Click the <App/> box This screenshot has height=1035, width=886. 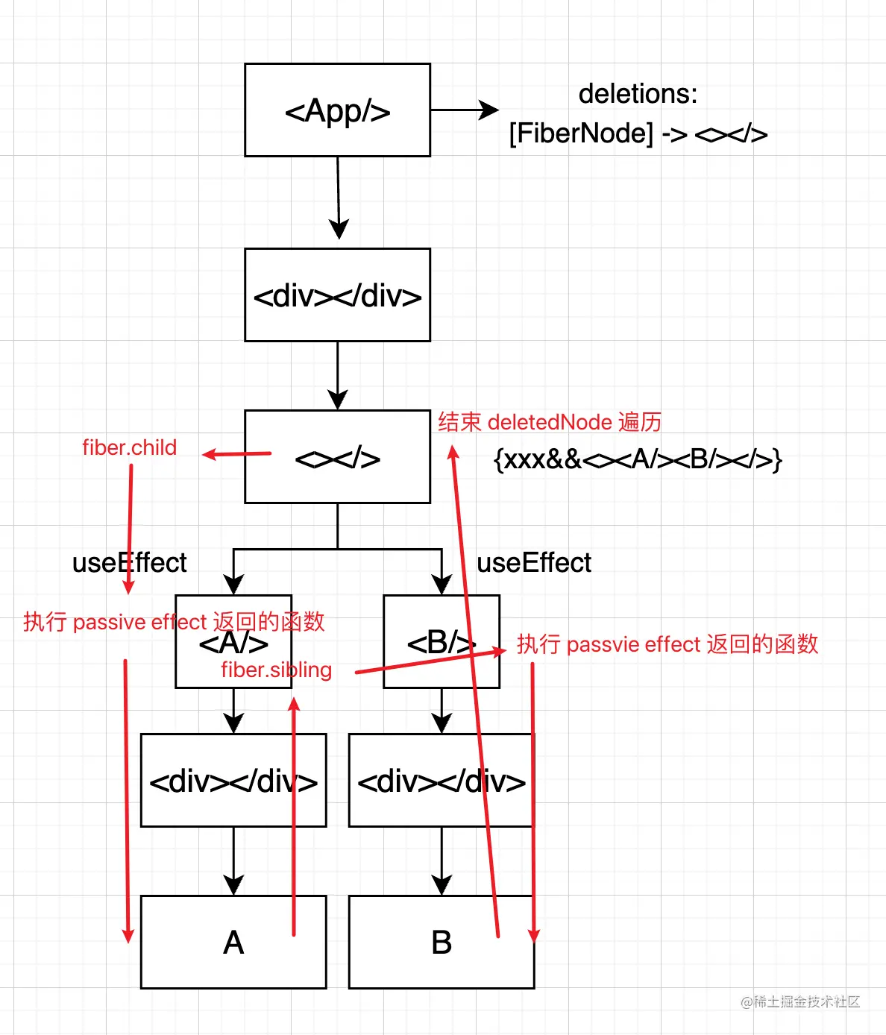337,110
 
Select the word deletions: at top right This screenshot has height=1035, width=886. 638,94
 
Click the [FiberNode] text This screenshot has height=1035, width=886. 581,133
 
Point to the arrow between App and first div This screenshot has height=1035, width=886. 339,198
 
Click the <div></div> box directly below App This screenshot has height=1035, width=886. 337,295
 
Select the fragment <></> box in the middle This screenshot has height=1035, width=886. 337,457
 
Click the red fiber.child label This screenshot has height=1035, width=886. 129,447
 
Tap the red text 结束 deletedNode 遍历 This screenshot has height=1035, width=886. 550,422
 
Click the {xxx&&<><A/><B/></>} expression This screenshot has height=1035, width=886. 638,459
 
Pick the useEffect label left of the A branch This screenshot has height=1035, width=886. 129,562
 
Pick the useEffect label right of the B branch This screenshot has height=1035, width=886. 534,562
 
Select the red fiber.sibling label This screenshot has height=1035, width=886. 276,670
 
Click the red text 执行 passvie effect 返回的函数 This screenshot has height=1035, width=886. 667,644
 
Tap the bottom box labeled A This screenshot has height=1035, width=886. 233,943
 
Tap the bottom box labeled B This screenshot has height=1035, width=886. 442,943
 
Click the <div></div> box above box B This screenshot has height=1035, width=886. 442,781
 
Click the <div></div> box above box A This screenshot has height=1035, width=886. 233,781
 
